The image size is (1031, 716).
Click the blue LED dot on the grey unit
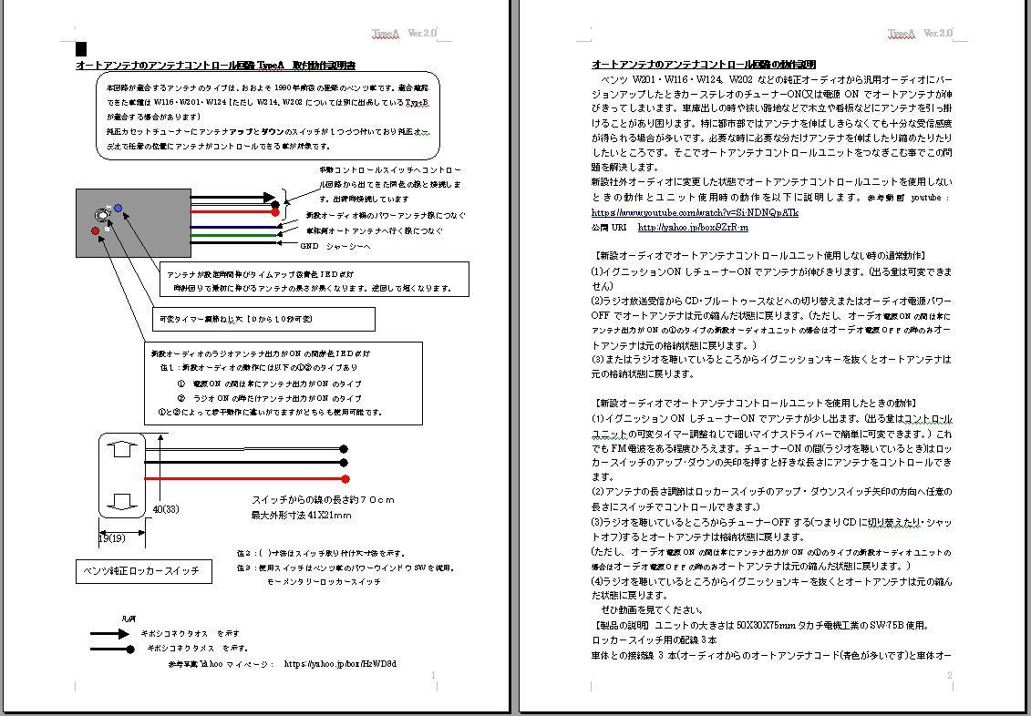[118, 209]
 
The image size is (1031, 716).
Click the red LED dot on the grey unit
[95, 231]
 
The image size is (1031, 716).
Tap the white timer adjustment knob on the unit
[101, 216]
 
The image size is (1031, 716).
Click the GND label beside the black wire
[311, 246]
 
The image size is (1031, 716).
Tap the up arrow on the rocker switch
[125, 448]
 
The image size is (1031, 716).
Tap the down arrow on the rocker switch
[125, 501]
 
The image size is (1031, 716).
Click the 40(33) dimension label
[165, 508]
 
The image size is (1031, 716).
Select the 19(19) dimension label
[112, 537]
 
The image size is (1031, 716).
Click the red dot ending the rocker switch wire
[345, 479]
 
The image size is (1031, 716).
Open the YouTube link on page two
[695, 212]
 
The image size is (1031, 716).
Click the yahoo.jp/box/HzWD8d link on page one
[340, 664]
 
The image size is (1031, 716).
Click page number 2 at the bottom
[949, 675]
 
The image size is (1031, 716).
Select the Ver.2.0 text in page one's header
[422, 34]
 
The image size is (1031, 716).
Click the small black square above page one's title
[81, 49]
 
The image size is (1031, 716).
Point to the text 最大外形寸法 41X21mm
[301, 516]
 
